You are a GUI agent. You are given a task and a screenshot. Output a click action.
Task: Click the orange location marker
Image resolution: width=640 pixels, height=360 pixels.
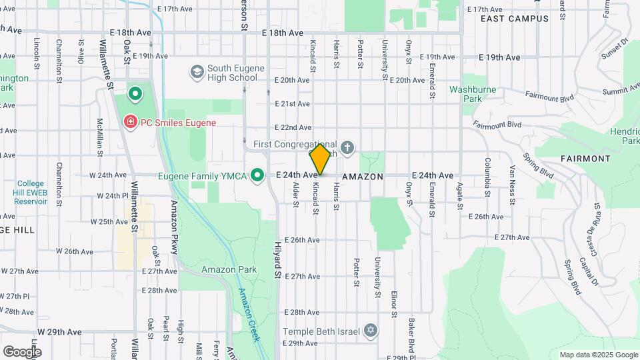point(320,159)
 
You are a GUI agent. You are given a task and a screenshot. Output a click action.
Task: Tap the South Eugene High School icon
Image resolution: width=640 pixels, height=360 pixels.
point(197,71)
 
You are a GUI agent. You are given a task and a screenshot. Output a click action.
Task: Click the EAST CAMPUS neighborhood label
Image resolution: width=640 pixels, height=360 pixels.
point(515,19)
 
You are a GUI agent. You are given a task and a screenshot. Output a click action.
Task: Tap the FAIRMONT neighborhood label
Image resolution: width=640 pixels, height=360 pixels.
point(585,159)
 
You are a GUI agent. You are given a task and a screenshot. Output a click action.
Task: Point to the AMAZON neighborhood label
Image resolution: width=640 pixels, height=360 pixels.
point(363,177)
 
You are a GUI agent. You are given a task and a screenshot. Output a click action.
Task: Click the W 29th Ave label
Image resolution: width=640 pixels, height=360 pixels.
point(59,331)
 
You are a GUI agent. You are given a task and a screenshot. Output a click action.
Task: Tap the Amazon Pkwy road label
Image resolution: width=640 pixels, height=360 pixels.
point(174,227)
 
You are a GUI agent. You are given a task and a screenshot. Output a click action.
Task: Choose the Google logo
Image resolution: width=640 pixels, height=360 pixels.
point(21,351)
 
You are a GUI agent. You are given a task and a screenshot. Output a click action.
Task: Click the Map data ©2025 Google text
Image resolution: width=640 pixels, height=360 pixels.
point(598,355)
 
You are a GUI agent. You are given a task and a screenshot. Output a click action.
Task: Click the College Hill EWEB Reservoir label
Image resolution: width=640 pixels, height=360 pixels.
point(30,192)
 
